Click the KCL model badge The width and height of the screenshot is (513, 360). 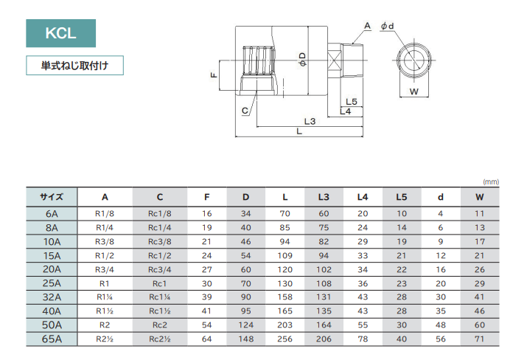pos(60,34)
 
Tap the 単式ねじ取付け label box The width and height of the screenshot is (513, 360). pos(74,66)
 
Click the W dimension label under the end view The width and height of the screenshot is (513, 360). pos(413,92)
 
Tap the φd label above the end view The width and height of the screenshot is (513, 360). pos(387,27)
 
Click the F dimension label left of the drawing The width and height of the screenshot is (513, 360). pos(212,75)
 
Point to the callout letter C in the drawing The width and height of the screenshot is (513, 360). pos(245,111)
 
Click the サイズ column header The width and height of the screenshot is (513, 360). pos(52,197)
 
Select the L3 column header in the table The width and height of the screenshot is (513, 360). pos(324,197)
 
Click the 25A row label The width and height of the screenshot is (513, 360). pos(52,283)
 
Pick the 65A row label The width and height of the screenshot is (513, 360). pos(52,339)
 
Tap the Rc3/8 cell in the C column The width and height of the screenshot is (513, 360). pos(159,241)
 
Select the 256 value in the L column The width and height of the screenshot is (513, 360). pos(285,339)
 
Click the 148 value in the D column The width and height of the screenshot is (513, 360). pos(246,339)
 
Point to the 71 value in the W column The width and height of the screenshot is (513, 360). pos(480,339)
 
